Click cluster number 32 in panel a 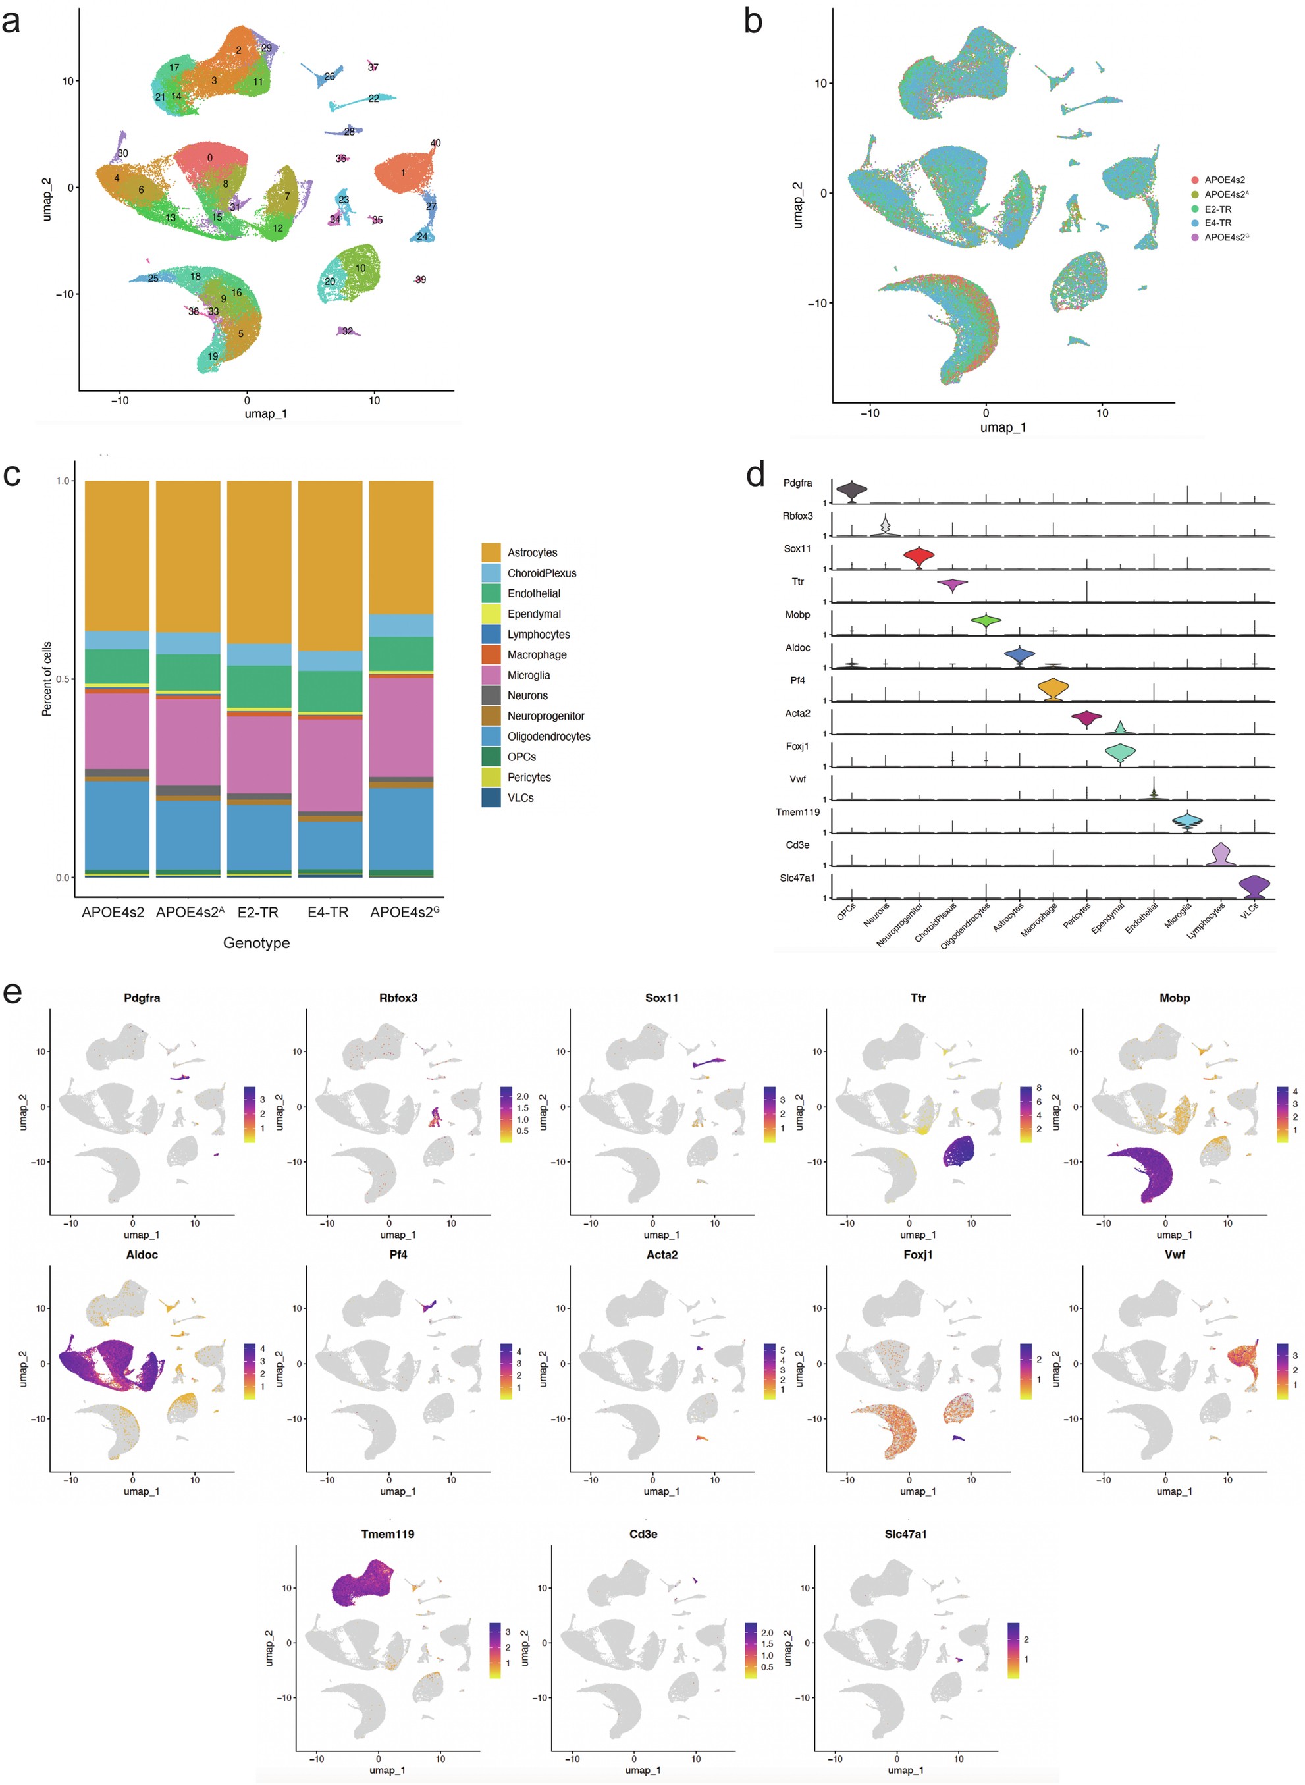point(348,331)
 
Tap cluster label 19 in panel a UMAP point(213,356)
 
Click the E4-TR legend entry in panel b point(1217,223)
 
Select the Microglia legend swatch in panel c point(491,676)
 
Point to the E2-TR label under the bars point(257,912)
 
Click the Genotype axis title point(256,943)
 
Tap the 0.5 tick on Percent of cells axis point(63,679)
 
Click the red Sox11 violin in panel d point(919,558)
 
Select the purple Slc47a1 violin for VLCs point(1254,887)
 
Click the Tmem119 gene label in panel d point(797,812)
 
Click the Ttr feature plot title point(918,998)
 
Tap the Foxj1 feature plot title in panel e point(918,1255)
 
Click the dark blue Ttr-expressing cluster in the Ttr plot point(959,1152)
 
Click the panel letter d point(755,475)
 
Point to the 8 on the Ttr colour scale point(1039,1088)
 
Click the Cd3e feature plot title point(643,1535)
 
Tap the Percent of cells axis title point(47,679)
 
